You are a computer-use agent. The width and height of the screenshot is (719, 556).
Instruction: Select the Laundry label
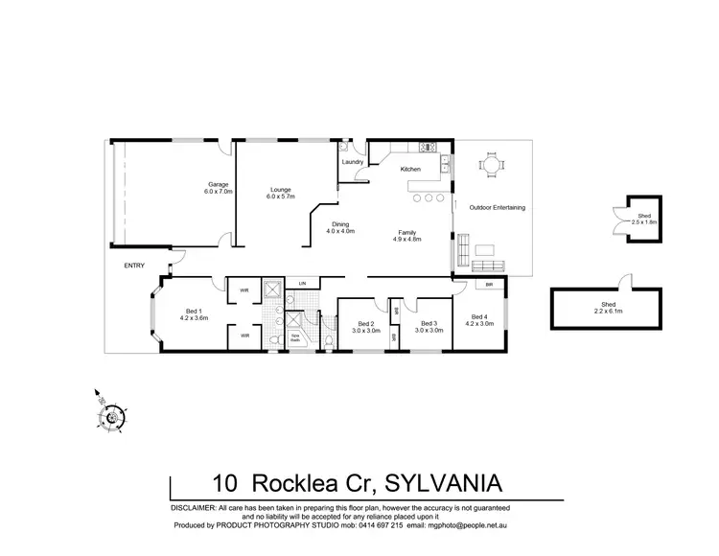coord(352,162)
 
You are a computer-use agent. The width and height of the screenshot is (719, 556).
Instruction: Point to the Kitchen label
coord(410,170)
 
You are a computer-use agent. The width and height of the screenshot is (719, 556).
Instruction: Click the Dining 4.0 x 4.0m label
coord(340,227)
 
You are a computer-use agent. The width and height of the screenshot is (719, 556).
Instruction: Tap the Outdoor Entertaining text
coord(497,208)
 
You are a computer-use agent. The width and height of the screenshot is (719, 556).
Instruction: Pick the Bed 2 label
coord(365,327)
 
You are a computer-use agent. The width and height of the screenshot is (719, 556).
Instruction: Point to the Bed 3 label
coord(429,327)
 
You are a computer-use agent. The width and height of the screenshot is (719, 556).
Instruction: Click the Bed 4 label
coord(480,320)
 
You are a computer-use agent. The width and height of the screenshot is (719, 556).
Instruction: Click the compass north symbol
coord(112,415)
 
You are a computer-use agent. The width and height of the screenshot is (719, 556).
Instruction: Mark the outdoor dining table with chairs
coord(492,165)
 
